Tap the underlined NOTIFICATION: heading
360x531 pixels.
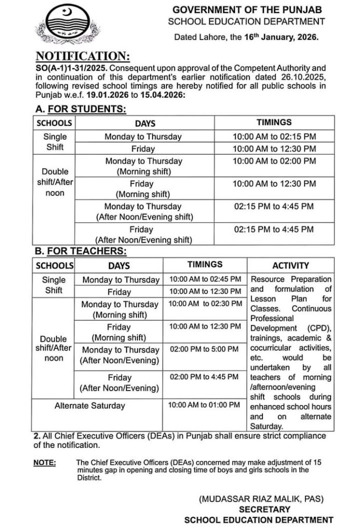(x=82, y=56)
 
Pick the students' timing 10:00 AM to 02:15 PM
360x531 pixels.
(x=274, y=136)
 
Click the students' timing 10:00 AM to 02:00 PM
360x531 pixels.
(x=274, y=161)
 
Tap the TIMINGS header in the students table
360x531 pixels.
(x=274, y=123)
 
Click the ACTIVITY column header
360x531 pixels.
(x=290, y=265)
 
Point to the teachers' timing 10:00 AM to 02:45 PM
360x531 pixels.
(x=205, y=279)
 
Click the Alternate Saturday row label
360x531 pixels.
(x=90, y=406)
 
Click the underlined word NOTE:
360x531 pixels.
(x=45, y=462)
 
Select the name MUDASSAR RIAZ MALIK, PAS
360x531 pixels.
(x=261, y=499)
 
